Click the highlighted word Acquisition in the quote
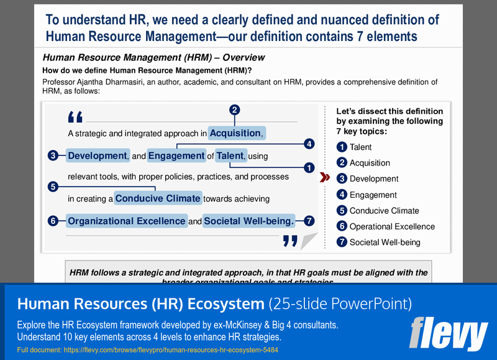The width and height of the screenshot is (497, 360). tap(235, 133)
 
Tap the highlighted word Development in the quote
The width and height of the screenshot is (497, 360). tap(97, 155)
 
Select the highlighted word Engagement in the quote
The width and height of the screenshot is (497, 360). tap(176, 155)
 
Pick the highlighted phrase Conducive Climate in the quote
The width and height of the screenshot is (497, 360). tap(158, 199)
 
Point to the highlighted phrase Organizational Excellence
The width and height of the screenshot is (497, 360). tap(126, 221)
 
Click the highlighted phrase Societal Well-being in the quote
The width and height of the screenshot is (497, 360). tap(248, 221)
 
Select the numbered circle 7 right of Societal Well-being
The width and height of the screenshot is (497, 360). tap(309, 221)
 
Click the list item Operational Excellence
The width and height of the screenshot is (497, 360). tap(392, 226)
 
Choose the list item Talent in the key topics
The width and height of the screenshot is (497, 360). tap(361, 147)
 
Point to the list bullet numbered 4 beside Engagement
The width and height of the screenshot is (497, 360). tap(342, 195)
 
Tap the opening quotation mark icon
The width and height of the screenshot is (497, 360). tap(75, 116)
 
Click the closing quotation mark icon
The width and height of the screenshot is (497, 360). tap(290, 240)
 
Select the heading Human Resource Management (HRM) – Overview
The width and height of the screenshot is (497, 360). tap(153, 58)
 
